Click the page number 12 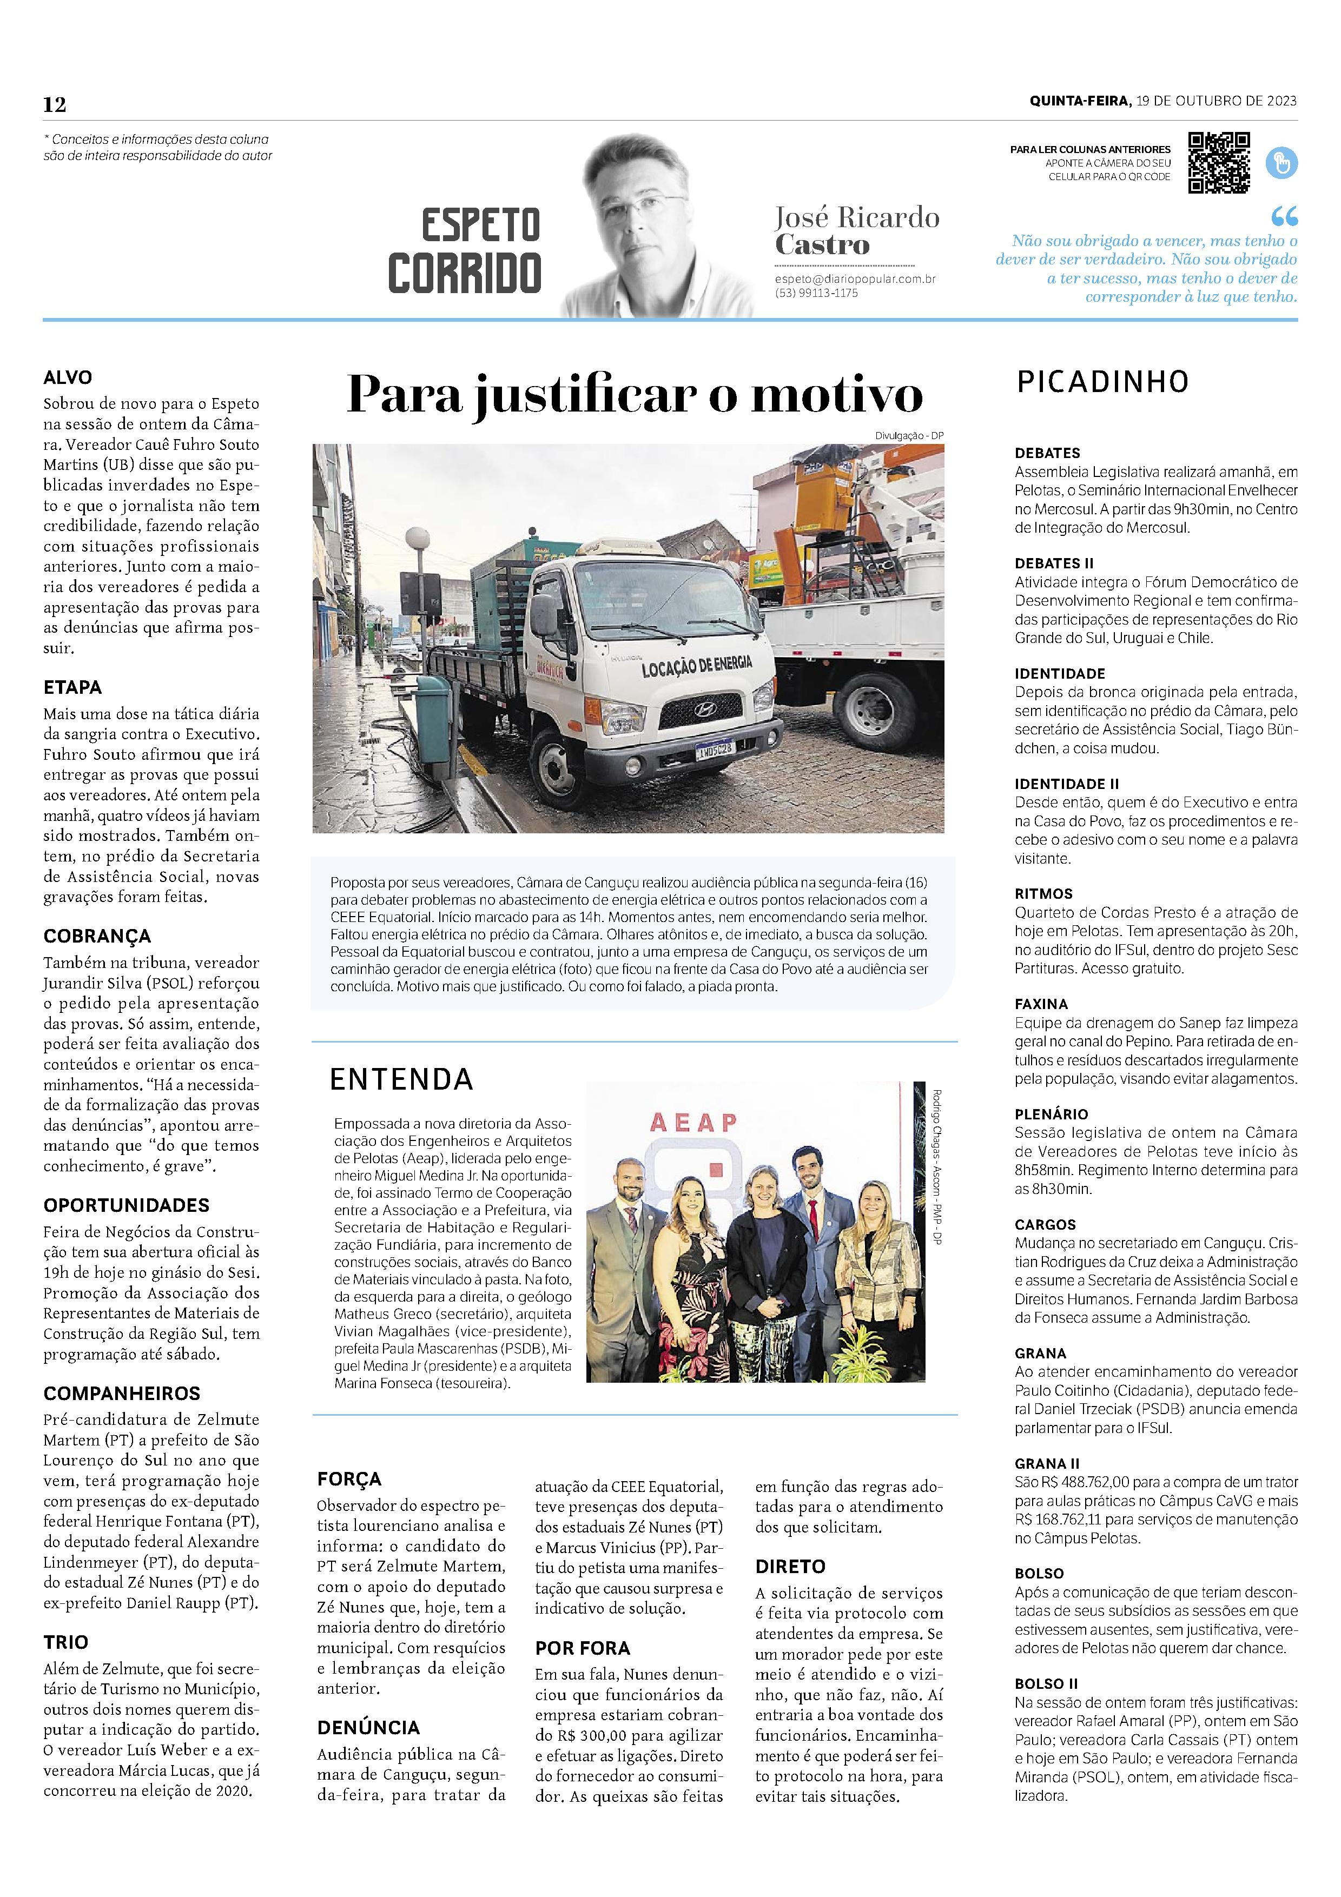55,105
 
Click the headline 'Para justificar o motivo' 634,395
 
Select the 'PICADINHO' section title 1102,382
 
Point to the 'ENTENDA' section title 401,1079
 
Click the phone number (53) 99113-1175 816,293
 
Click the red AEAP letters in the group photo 693,1122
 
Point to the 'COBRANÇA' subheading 97,936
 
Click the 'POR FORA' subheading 583,1648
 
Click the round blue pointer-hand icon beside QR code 1281,163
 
